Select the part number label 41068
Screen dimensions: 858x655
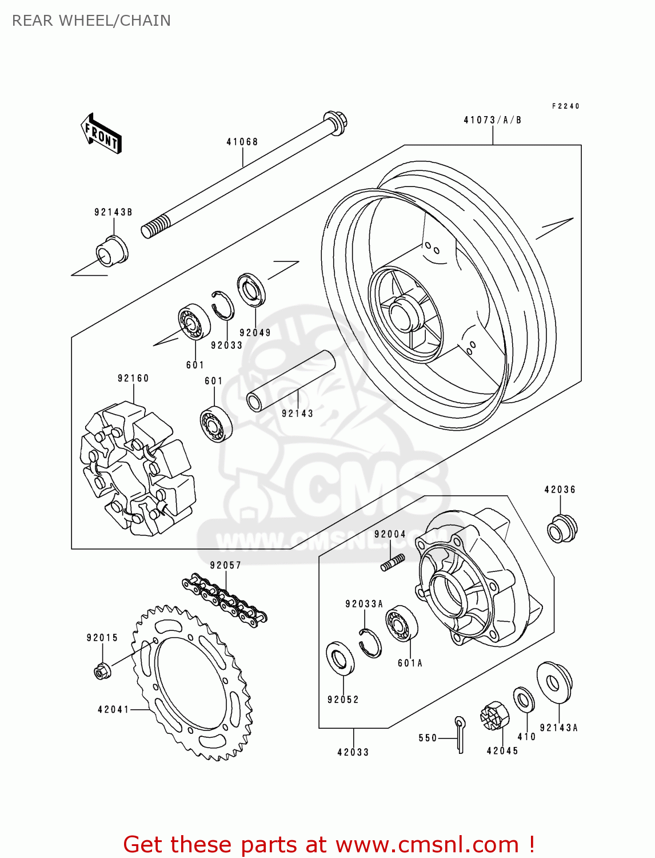(242, 142)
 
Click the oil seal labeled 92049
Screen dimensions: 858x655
(251, 291)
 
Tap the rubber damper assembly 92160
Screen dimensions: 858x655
(137, 470)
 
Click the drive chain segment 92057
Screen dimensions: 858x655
(225, 599)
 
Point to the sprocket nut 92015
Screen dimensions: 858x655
(102, 670)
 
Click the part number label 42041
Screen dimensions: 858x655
(113, 710)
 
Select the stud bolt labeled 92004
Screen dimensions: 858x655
(393, 562)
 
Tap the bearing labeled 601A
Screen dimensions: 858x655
(401, 624)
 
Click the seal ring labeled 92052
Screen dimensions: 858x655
(340, 660)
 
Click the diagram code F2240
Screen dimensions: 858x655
(565, 106)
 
